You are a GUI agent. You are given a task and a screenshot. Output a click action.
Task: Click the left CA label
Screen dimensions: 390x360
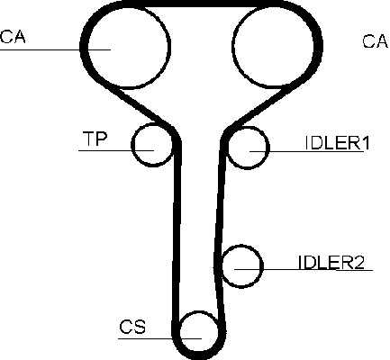coord(13,37)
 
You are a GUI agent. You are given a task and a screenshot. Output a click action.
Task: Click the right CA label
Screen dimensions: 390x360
coord(375,41)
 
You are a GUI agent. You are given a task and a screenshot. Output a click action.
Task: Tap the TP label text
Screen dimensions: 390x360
coord(95,139)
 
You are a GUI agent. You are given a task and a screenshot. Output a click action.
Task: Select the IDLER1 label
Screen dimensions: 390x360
coord(337,143)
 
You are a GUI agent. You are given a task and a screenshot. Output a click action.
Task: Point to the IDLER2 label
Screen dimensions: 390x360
coord(331,262)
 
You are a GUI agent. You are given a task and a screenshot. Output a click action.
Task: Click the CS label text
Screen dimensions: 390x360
coord(132,327)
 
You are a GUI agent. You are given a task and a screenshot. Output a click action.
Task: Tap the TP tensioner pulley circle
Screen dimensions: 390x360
coord(132,145)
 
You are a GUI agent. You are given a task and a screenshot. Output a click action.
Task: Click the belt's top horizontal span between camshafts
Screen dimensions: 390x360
coord(201,4)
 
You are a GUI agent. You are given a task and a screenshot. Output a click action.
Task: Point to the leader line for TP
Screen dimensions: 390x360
coord(116,150)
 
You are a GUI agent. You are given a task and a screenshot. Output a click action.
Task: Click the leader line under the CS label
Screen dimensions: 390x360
coord(159,338)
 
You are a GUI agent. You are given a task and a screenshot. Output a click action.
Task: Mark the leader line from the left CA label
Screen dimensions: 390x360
coord(55,49)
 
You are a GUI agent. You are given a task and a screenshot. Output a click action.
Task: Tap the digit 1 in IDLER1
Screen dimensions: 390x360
coord(365,143)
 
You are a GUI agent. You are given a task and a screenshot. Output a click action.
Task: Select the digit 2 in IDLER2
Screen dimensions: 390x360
coord(358,262)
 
